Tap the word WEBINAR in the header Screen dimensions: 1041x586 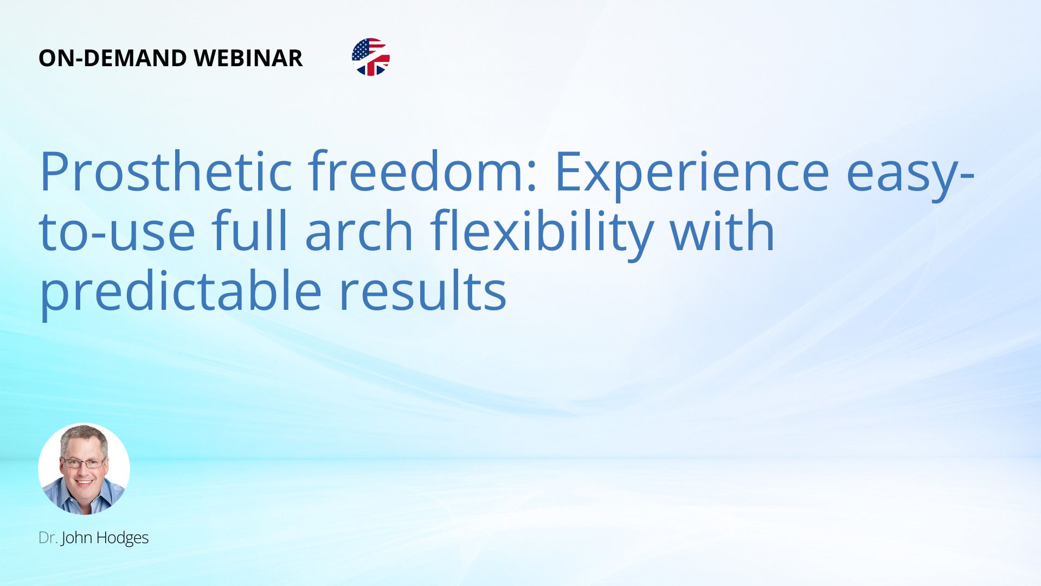pyautogui.click(x=248, y=58)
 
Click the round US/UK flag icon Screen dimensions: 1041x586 pyautogui.click(x=371, y=57)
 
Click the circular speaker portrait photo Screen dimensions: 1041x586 pyautogui.click(x=84, y=469)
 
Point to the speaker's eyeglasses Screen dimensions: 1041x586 pyautogui.click(x=83, y=463)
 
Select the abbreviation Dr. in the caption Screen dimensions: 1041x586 pyautogui.click(x=48, y=538)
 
